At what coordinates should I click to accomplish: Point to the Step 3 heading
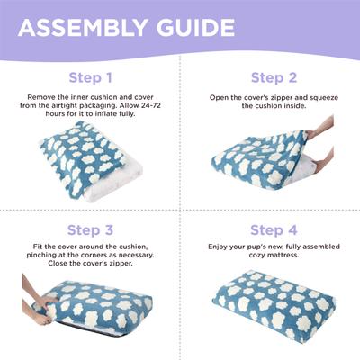pos(90,229)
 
